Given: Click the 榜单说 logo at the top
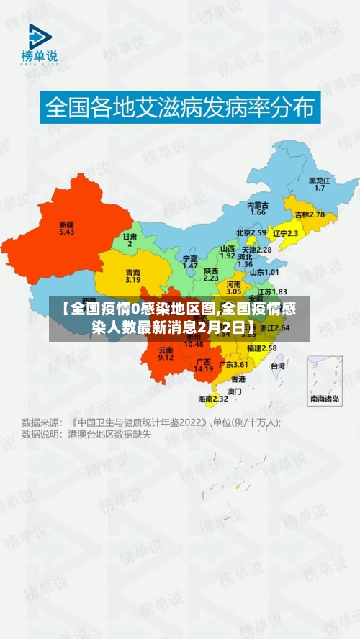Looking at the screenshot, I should tap(39, 45).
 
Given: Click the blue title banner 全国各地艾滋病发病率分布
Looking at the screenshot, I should tap(180, 108).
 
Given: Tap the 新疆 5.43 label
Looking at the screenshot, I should tap(66, 228).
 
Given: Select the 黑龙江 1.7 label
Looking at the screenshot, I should tap(319, 183).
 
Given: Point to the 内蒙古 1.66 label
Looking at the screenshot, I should tap(257, 209).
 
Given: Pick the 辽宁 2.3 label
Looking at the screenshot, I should tap(285, 233).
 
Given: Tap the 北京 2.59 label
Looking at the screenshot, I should tap(251, 232).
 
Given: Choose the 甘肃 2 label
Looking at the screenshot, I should tap(130, 240).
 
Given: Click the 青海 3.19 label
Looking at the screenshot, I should tap(132, 276).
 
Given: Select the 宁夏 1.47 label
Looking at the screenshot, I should tap(190, 261).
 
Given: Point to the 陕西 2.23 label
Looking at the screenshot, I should tap(211, 273).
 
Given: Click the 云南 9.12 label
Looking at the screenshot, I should tap(166, 353).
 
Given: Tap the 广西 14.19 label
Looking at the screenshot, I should tap(204, 365).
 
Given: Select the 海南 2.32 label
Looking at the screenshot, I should tap(213, 398).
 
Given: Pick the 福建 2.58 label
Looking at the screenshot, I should tap(261, 348).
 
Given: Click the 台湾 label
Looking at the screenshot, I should tap(277, 366).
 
